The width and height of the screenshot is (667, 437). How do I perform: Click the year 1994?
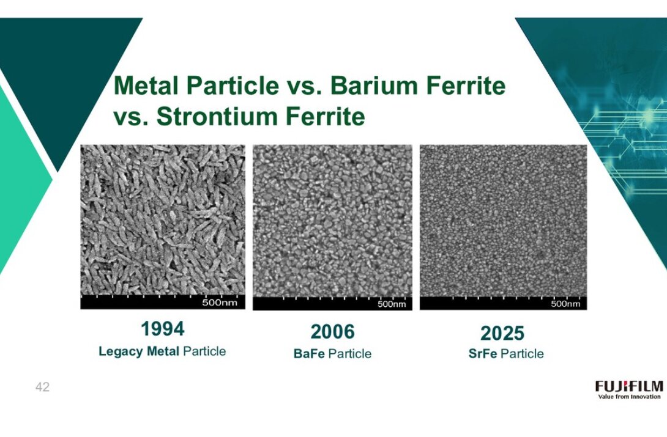[x=163, y=329]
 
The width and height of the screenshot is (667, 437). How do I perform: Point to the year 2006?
[x=332, y=332]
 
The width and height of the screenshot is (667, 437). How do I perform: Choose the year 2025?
[x=502, y=333]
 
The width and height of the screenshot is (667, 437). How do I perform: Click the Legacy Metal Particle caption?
[x=162, y=351]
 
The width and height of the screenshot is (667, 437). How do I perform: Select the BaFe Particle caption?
[x=332, y=354]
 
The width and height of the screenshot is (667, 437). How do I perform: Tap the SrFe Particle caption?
[x=506, y=354]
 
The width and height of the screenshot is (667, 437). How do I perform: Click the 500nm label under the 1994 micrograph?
[x=220, y=303]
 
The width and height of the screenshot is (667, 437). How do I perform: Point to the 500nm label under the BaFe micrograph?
[x=392, y=304]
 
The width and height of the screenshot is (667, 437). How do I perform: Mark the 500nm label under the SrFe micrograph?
[x=565, y=304]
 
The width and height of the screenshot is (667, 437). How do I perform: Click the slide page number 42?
[x=43, y=387]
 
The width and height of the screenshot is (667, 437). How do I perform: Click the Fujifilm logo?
[x=629, y=386]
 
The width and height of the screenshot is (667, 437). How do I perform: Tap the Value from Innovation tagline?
[x=629, y=397]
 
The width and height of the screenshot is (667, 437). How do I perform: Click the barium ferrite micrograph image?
[x=333, y=221]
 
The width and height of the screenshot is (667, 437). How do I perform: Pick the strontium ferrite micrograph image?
[x=503, y=221]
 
